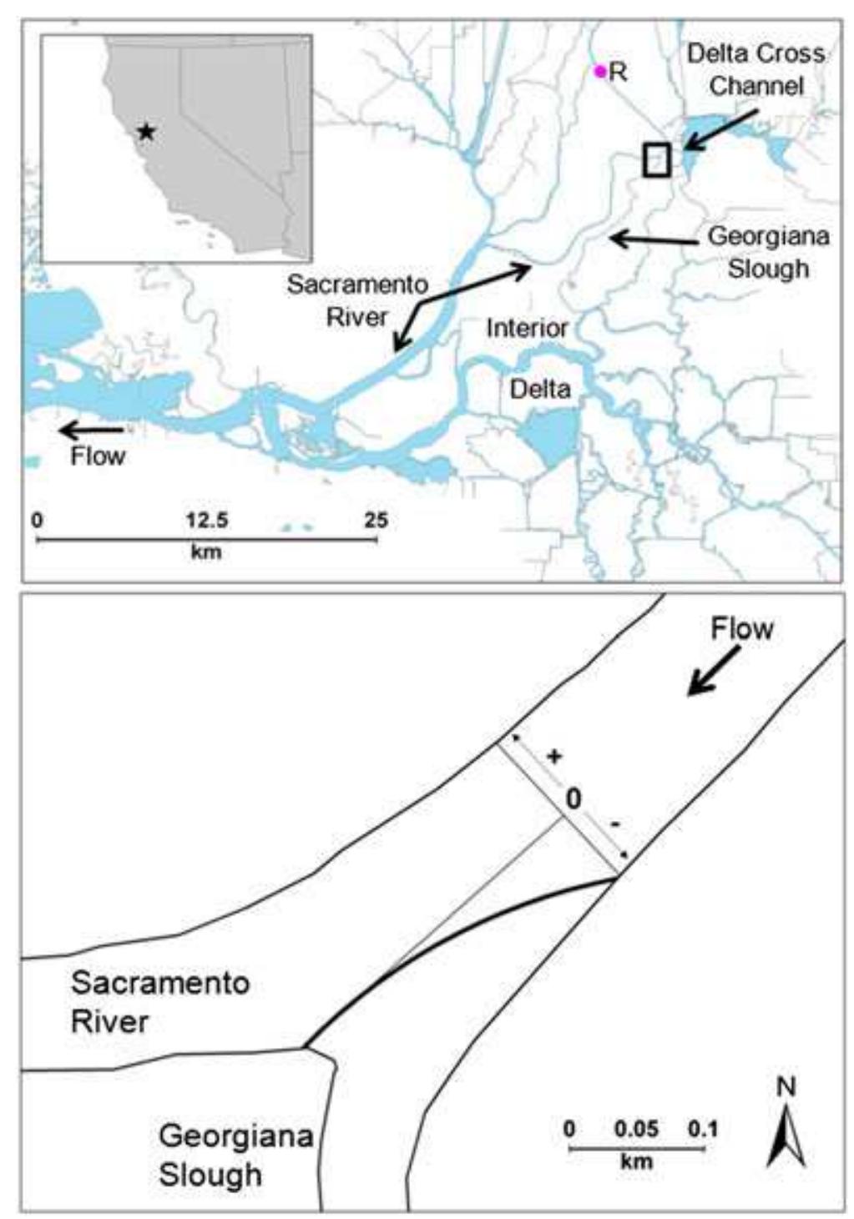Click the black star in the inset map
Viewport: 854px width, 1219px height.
(x=146, y=131)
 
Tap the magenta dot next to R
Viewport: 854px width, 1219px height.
(x=599, y=71)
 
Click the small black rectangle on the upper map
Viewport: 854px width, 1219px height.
(x=657, y=159)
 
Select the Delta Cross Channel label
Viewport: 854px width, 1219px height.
(x=755, y=69)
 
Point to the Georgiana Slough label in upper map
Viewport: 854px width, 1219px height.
(x=768, y=252)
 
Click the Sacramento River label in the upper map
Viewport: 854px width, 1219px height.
(x=357, y=300)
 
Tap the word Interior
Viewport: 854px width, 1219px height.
(x=527, y=328)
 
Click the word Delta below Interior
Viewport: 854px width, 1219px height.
(x=540, y=388)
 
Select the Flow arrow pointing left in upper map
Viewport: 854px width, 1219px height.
(x=92, y=431)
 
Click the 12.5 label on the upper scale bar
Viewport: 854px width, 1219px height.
(x=206, y=521)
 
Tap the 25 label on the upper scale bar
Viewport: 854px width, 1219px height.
(x=376, y=521)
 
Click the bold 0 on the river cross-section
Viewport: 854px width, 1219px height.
(x=573, y=798)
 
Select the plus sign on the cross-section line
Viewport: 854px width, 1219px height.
(x=553, y=757)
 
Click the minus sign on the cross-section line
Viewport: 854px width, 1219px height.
(x=615, y=825)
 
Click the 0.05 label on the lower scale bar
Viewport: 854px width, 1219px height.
(x=636, y=1129)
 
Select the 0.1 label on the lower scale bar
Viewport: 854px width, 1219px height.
(x=703, y=1129)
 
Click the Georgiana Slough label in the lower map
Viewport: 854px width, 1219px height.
(x=235, y=1155)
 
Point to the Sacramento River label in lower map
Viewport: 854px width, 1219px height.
(x=159, y=1001)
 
